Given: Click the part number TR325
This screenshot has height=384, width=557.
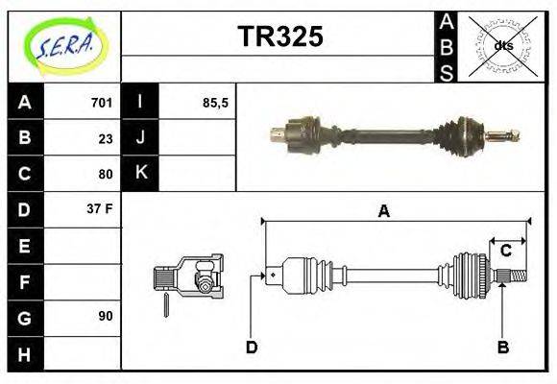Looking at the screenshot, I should tap(279, 37).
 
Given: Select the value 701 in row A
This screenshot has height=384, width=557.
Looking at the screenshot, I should tap(102, 102).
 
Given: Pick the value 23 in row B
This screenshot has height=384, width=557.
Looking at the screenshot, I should tap(106, 137).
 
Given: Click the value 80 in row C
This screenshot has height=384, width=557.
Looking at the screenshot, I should tap(106, 174).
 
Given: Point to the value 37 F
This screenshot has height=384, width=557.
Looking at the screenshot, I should tap(101, 209).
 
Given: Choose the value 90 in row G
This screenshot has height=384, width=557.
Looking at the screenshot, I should tap(106, 316).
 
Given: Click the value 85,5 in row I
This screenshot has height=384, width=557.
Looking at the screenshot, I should tap(215, 102).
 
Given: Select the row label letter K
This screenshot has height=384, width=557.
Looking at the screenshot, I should tap(140, 174).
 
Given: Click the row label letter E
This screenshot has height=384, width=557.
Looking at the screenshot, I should tap(25, 245).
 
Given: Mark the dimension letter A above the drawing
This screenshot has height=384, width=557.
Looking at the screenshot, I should tap(383, 211).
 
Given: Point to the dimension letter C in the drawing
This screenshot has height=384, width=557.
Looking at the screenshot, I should tap(505, 252).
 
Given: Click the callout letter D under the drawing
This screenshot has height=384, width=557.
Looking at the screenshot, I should tap(252, 347).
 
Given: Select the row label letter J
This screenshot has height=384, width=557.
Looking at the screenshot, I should tap(140, 137).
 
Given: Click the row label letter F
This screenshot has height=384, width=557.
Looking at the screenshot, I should tap(25, 280).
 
